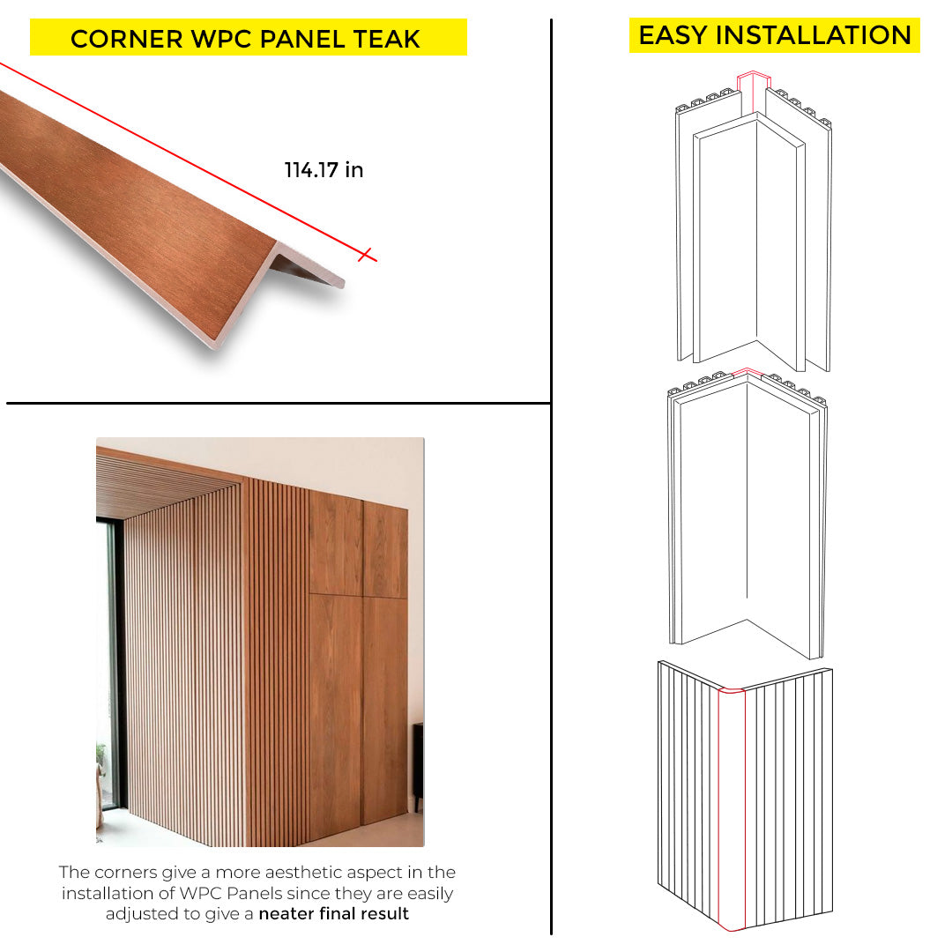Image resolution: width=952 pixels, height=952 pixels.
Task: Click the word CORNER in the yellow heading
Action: (x=126, y=39)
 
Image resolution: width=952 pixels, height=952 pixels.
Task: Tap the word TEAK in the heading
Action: (x=386, y=39)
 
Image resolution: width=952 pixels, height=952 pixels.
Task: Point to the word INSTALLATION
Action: (x=814, y=35)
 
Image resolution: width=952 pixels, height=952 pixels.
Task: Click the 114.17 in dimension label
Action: (x=324, y=170)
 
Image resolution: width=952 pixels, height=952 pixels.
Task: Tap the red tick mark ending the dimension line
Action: (x=365, y=255)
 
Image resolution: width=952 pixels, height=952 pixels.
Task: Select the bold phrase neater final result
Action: (x=333, y=914)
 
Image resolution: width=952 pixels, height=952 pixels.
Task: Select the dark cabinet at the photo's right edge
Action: (x=418, y=766)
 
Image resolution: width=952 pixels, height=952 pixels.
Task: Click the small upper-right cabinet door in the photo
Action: (x=385, y=549)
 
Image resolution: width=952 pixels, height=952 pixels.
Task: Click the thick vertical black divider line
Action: (x=551, y=477)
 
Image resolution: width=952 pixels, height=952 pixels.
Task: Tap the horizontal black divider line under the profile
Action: (x=278, y=403)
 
